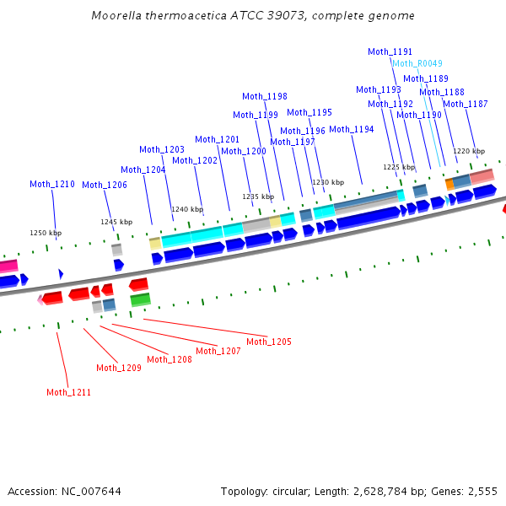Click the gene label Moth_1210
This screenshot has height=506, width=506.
point(52,184)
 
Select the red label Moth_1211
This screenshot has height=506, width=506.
point(68,392)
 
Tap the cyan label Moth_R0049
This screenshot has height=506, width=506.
point(417,63)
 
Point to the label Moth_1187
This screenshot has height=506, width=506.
point(465,104)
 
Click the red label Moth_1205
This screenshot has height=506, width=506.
point(268,342)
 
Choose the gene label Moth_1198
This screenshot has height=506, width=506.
point(265,96)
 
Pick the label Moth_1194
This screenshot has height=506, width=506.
point(352,129)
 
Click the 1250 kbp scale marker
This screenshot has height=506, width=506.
point(46,233)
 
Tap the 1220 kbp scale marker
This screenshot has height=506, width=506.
point(469,152)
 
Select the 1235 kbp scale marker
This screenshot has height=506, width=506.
point(259,196)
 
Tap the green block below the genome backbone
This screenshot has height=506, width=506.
point(140,299)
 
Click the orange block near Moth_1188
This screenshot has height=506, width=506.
point(449,183)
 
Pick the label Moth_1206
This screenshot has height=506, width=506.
point(105,185)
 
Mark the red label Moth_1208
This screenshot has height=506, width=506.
point(170,359)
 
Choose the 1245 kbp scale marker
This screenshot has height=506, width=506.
point(116,222)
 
